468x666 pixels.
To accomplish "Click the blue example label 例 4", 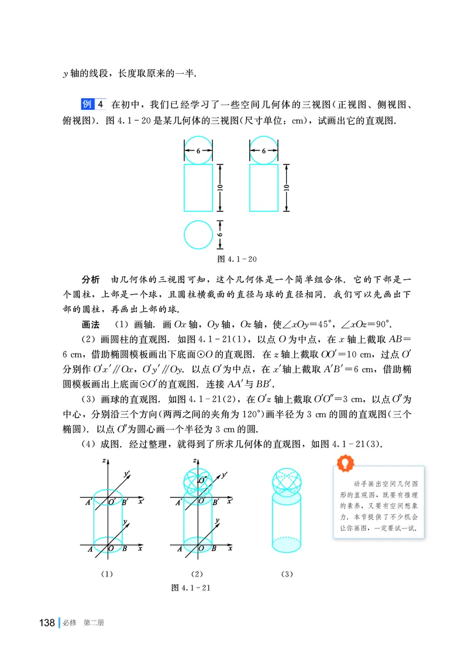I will pyautogui.click(x=92, y=105).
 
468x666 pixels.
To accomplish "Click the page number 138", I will pyautogui.click(x=46, y=622).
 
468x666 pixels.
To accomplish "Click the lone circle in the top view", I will pyautogui.click(x=198, y=235).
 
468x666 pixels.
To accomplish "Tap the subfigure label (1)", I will pyautogui.click(x=106, y=574).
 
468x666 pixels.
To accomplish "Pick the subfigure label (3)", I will pyautogui.click(x=286, y=574).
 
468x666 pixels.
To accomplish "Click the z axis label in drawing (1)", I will pyautogui.click(x=103, y=461).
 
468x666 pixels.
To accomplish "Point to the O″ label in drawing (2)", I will pyautogui.click(x=202, y=481).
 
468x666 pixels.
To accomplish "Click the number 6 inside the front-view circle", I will pyautogui.click(x=198, y=151).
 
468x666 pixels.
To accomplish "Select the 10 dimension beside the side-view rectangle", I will pyautogui.click(x=285, y=188).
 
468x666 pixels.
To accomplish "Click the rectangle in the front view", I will pyautogui.click(x=198, y=188).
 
